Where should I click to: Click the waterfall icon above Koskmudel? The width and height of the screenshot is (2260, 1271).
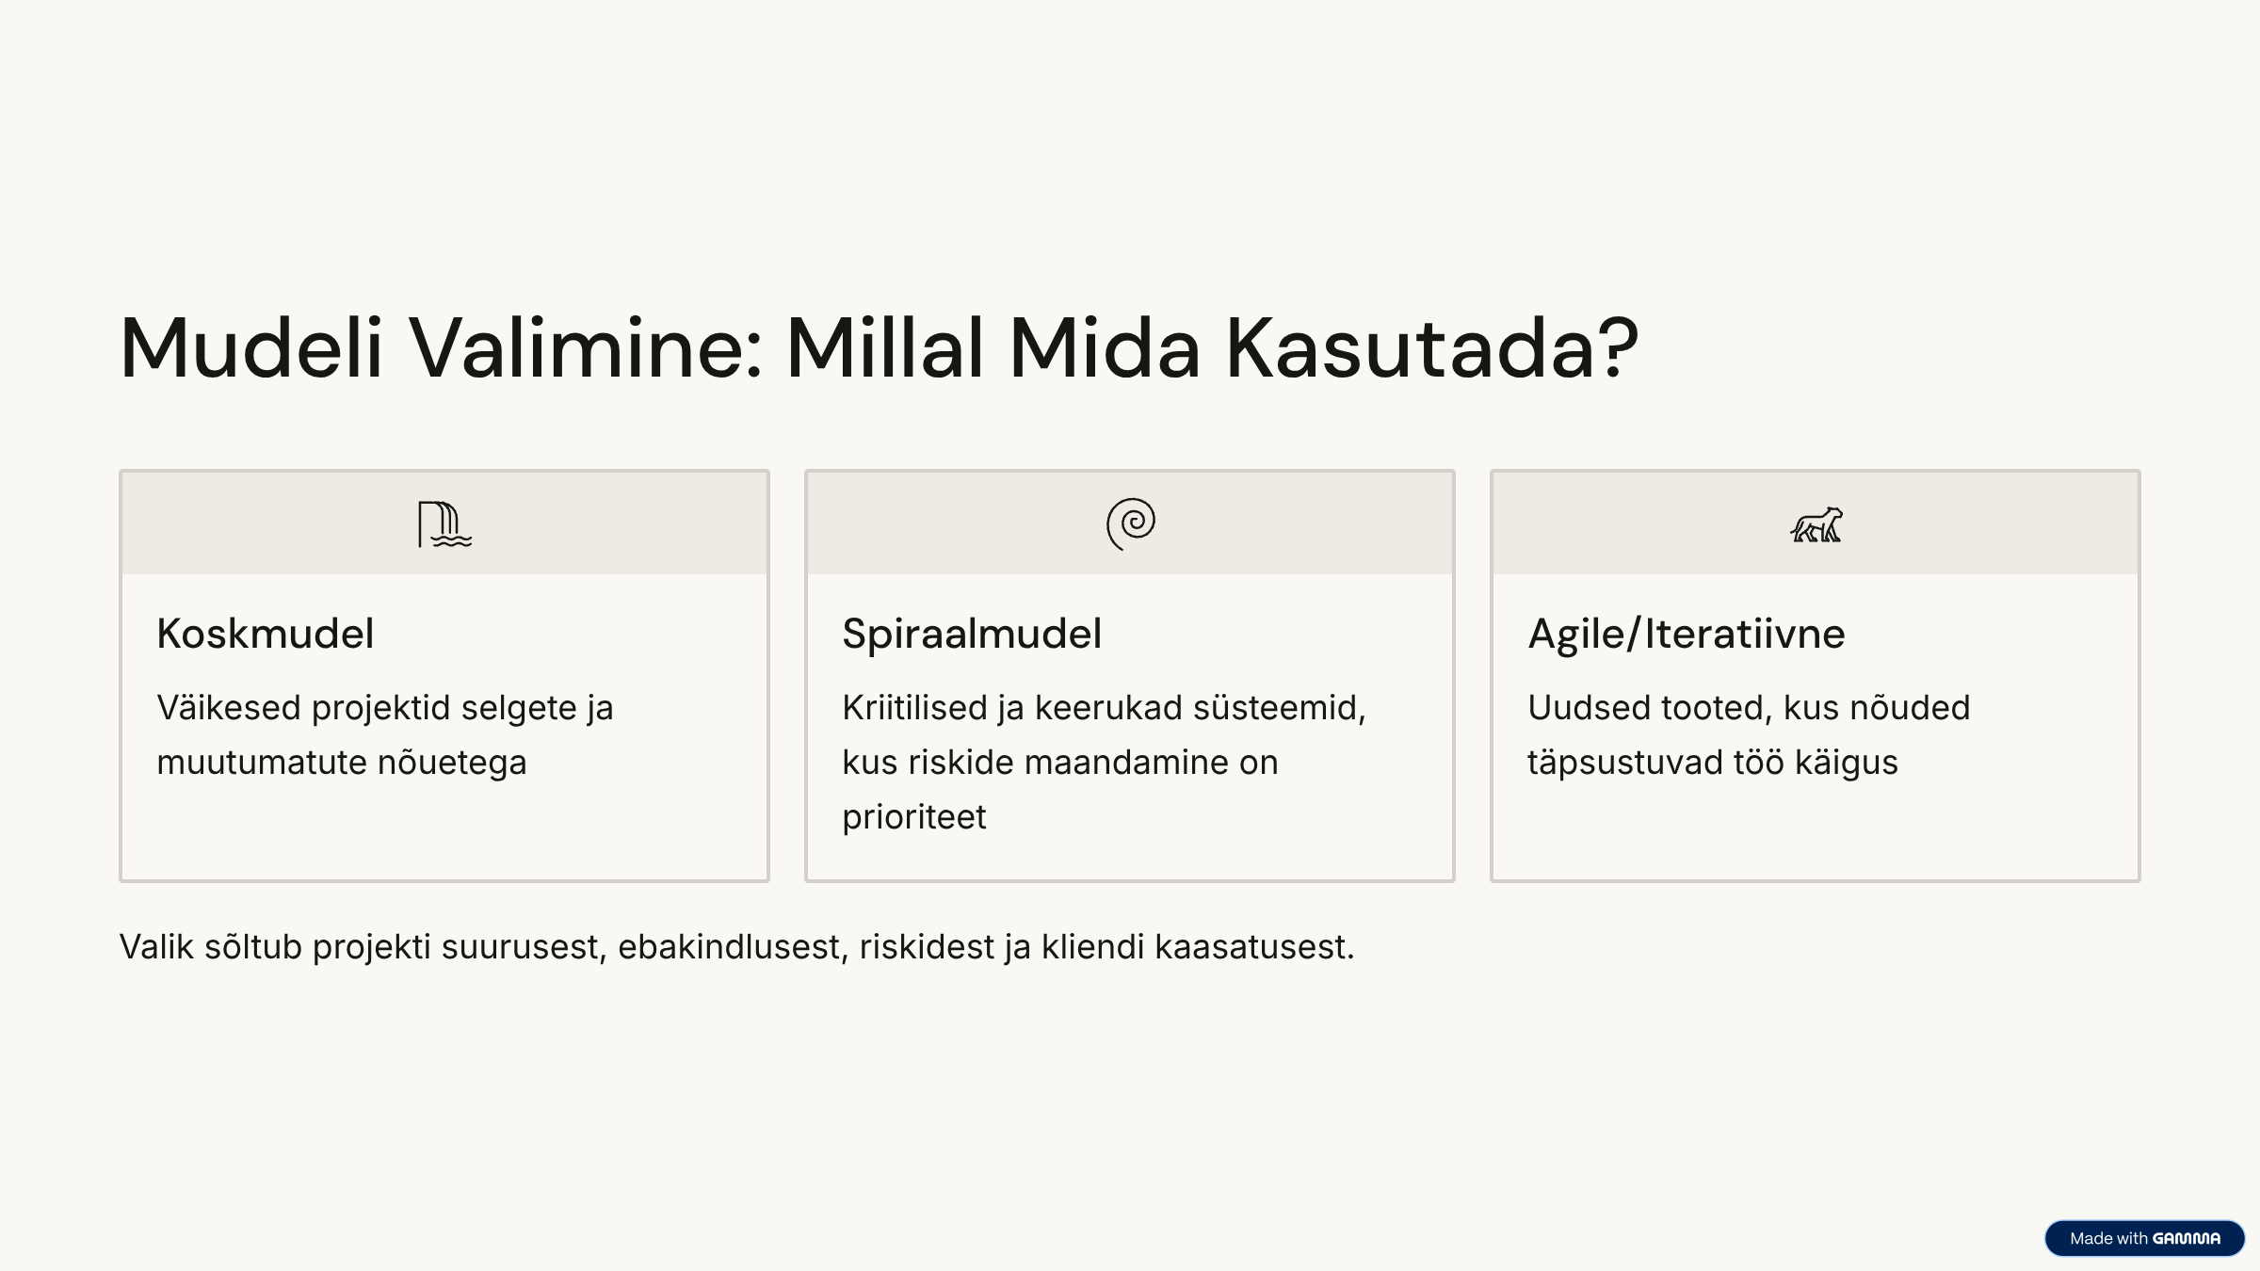pyautogui.click(x=444, y=524)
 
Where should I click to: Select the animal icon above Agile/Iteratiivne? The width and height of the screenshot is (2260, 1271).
pyautogui.click(x=1816, y=524)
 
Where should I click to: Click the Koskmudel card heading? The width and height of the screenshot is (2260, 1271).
pyautogui.click(x=266, y=634)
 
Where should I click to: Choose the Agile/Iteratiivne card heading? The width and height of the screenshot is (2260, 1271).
pyautogui.click(x=1687, y=634)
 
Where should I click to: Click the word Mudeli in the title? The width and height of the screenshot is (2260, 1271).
pyautogui.click(x=251, y=348)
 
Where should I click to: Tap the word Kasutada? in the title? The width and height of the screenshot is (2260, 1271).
pyautogui.click(x=1432, y=348)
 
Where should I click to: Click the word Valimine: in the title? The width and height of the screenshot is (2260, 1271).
pyautogui.click(x=585, y=348)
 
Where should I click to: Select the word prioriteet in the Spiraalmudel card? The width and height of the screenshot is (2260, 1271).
pyautogui.click(x=914, y=817)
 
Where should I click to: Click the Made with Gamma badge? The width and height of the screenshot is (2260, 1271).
pyautogui.click(x=2144, y=1238)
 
